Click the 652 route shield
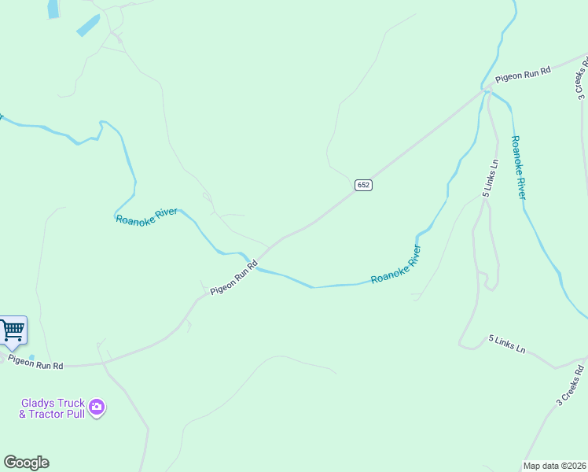pyautogui.click(x=362, y=185)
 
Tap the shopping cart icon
pyautogui.click(x=12, y=330)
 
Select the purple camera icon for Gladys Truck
pyautogui.click(x=97, y=407)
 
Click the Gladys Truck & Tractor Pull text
pyautogui.click(x=52, y=407)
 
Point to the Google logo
pyautogui.click(x=26, y=463)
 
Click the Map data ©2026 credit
pyautogui.click(x=554, y=466)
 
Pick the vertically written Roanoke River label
pyautogui.click(x=517, y=167)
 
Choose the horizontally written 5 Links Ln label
pyautogui.click(x=506, y=344)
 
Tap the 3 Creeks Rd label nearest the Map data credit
pyautogui.click(x=570, y=385)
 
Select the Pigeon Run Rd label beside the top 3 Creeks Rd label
pyautogui.click(x=523, y=75)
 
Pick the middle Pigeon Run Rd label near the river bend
pyautogui.click(x=233, y=279)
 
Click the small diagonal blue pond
pyautogui.click(x=87, y=25)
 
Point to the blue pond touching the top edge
pyautogui.click(x=53, y=8)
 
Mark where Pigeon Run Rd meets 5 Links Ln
pyautogui.click(x=487, y=90)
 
